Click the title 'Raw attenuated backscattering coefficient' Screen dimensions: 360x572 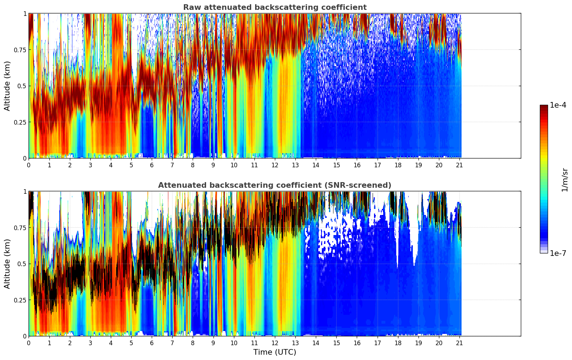(x=275, y=7)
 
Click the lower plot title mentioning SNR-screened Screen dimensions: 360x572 (x=275, y=185)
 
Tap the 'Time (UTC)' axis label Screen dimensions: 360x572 (x=275, y=352)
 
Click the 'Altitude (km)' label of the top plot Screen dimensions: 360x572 (x=7, y=86)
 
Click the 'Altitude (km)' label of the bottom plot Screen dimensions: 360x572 (x=7, y=264)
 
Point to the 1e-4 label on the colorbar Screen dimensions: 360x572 (x=558, y=105)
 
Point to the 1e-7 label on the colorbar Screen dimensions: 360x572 (x=558, y=253)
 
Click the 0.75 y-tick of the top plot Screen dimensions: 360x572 (x=20, y=50)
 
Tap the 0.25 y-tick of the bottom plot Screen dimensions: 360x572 (x=20, y=300)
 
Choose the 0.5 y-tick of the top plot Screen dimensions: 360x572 (x=22, y=86)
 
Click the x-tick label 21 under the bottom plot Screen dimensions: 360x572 (x=459, y=343)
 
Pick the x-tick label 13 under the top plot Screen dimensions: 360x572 (x=295, y=165)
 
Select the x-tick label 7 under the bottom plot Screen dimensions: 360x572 (x=172, y=343)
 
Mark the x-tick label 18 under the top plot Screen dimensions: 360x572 (x=398, y=165)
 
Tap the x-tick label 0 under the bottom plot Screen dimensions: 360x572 (x=29, y=343)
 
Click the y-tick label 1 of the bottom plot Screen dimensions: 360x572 (x=25, y=192)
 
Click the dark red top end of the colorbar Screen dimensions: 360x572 (x=544, y=107)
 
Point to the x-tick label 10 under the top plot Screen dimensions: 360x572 (x=234, y=165)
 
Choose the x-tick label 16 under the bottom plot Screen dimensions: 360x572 (x=357, y=343)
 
